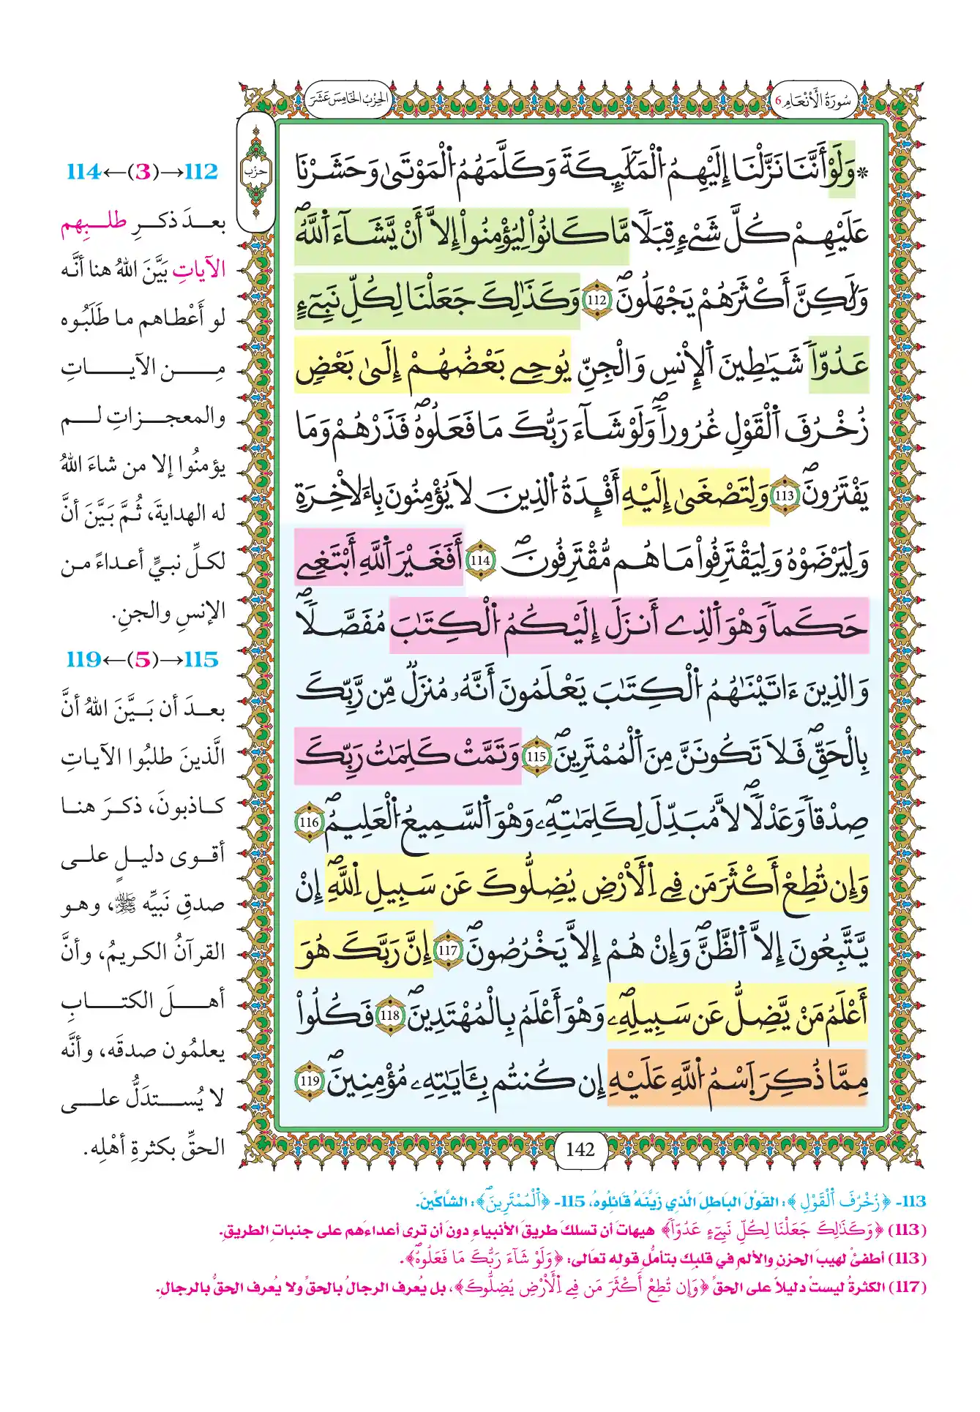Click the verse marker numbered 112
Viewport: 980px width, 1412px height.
pos(596,301)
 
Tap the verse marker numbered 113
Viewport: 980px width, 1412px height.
pos(785,495)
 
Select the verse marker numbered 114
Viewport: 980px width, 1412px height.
pos(480,560)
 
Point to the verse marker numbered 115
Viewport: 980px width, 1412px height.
pos(536,756)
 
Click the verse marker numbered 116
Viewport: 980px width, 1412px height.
pos(309,822)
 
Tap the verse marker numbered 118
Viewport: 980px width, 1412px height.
pos(389,1015)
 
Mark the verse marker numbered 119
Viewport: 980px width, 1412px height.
pos(309,1081)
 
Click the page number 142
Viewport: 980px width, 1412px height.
pos(580,1149)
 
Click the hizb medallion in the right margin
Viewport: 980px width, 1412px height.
pos(255,173)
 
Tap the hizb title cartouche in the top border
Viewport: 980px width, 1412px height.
pos(348,99)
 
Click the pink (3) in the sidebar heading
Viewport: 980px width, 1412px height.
pos(143,172)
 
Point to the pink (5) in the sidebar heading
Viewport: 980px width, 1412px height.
pos(143,660)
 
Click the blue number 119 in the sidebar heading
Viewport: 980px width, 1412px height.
pos(83,660)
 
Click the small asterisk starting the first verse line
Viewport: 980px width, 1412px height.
pos(864,174)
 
